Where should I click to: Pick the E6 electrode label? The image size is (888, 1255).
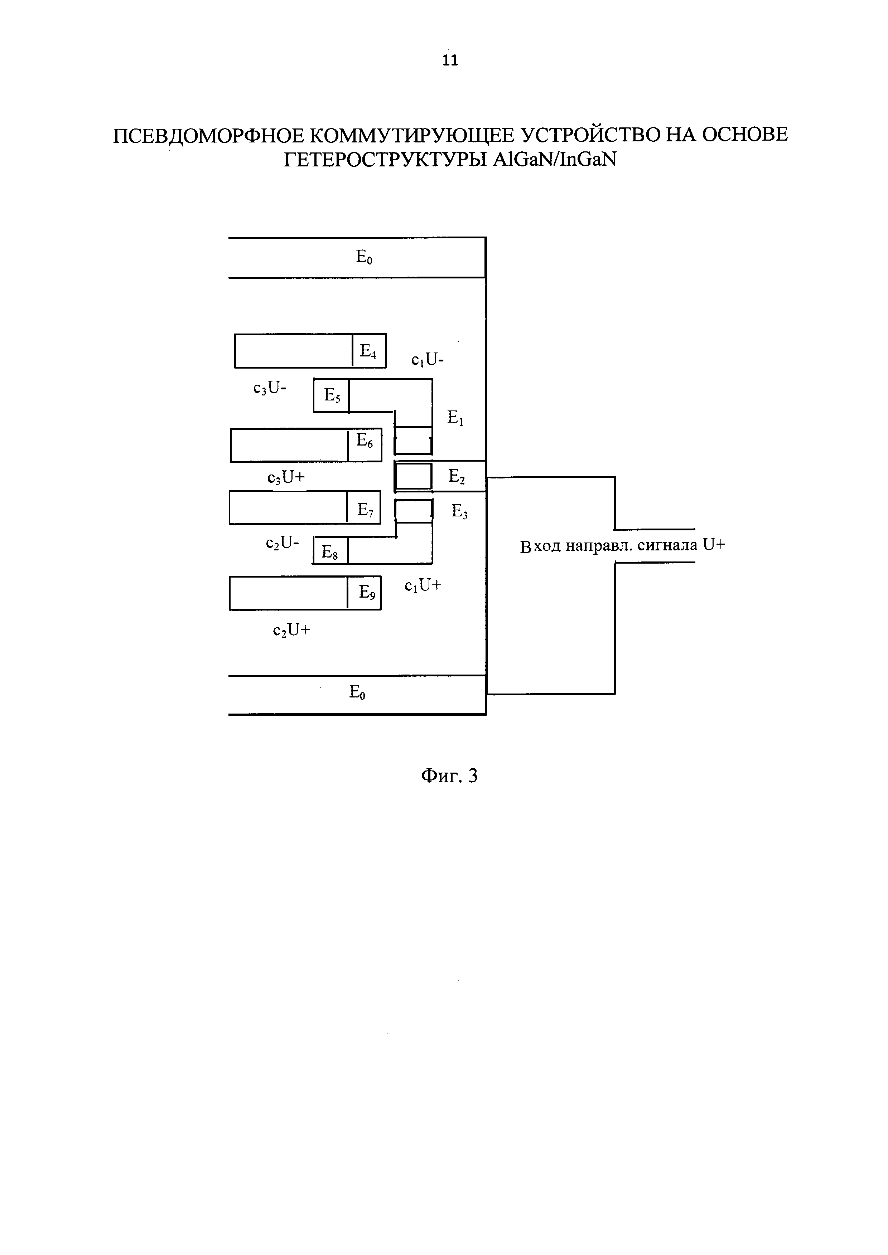tap(364, 441)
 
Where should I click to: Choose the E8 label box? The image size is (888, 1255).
tap(330, 551)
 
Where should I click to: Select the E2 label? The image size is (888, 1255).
tap(457, 477)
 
